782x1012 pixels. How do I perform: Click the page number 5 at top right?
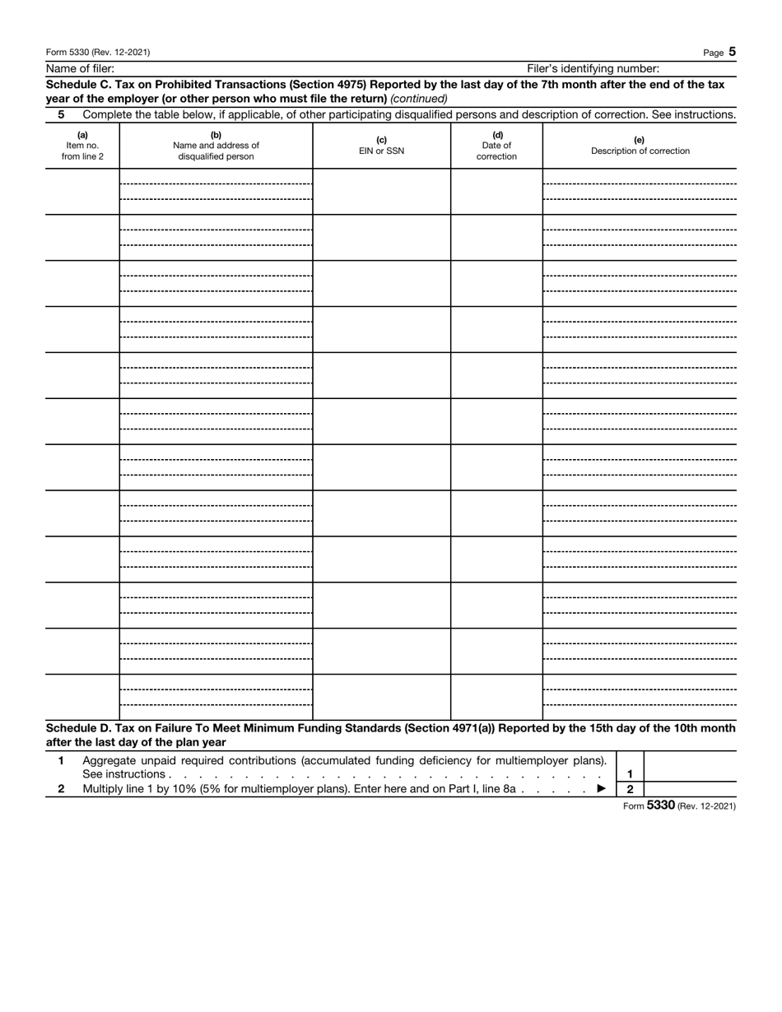[732, 52]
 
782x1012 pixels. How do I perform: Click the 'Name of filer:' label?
[80, 69]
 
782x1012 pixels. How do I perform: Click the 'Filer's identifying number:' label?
[593, 69]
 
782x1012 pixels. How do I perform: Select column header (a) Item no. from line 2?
[82, 146]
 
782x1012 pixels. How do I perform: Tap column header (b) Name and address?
[216, 146]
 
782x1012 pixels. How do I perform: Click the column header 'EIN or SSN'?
[381, 146]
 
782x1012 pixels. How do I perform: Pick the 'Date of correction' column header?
[496, 146]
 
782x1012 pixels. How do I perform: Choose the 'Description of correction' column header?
[640, 146]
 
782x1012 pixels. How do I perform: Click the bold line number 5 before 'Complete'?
[61, 114]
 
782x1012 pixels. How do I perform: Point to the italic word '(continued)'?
[419, 98]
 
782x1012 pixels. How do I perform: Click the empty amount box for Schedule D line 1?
[689, 766]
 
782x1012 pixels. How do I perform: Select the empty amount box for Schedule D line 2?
[689, 789]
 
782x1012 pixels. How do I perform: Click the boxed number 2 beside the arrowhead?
[630, 789]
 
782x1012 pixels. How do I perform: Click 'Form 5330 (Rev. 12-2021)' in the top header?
[98, 53]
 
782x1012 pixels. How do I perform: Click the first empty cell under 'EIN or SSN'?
[381, 192]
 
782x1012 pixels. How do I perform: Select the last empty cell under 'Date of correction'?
[496, 697]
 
